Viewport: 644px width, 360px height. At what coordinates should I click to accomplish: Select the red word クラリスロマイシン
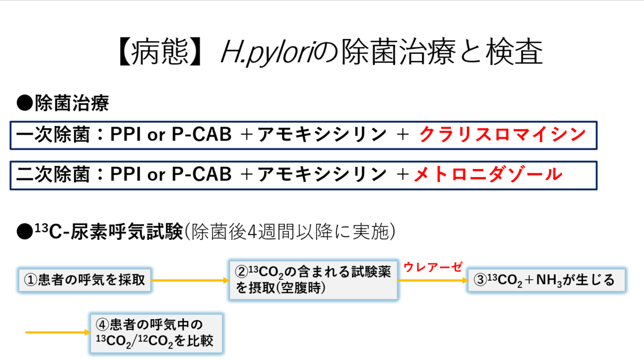tap(502, 135)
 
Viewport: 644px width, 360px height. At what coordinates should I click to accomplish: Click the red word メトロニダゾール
tap(488, 174)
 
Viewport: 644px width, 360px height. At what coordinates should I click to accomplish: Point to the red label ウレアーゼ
tap(432, 267)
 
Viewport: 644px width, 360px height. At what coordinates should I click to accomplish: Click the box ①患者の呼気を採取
tap(85, 280)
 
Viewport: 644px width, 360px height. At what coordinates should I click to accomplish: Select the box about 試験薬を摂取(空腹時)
tap(313, 280)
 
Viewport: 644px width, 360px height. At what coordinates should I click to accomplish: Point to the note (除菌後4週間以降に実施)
tap(290, 232)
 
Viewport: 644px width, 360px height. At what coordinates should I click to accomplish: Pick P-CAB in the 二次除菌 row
tap(201, 174)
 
